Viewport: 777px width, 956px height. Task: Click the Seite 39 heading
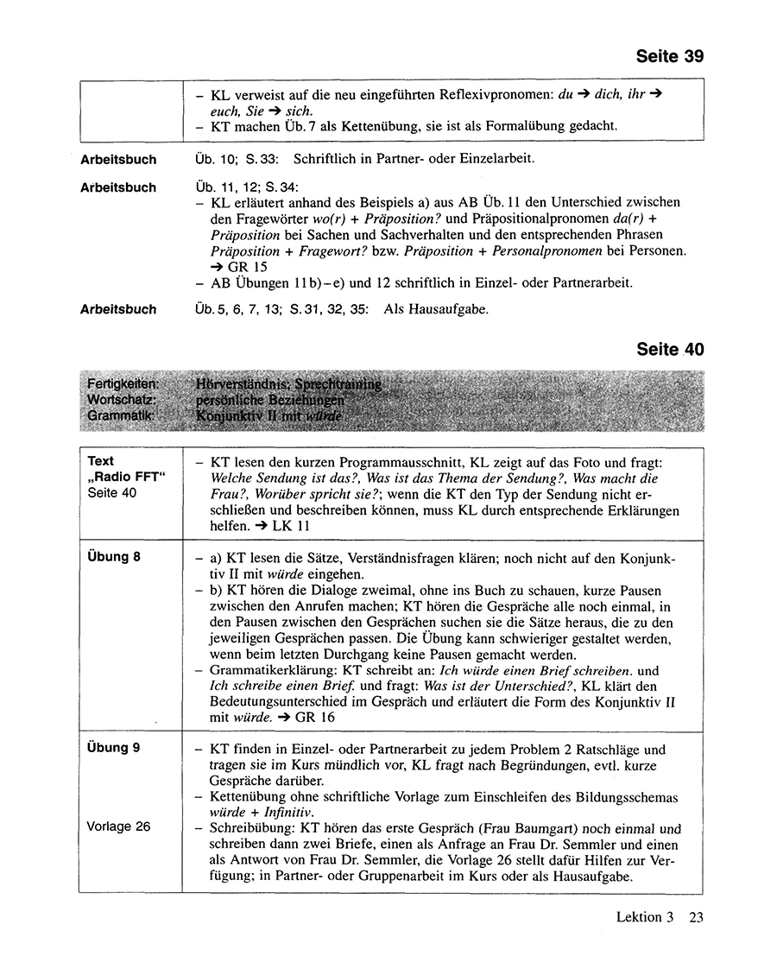point(669,57)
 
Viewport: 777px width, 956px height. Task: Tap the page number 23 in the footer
point(695,917)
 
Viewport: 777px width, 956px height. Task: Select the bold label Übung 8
point(114,557)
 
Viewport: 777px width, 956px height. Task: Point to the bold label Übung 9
point(114,748)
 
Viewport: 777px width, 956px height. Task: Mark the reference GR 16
point(311,717)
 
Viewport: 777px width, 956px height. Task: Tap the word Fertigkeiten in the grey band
point(122,383)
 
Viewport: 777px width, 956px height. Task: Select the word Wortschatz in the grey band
point(122,400)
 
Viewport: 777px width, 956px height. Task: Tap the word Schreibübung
point(250,827)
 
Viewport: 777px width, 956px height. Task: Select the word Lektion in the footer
point(640,917)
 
